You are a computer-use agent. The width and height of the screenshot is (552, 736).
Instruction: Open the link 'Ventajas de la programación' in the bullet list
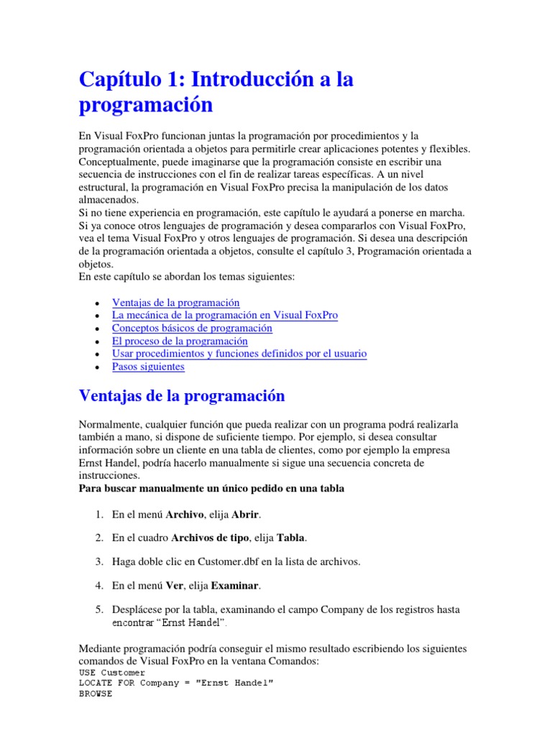[x=176, y=303]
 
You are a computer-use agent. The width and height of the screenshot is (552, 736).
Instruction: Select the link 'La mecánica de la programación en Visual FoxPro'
[x=225, y=316]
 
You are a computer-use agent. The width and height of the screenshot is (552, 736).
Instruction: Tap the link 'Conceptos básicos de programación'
[x=192, y=328]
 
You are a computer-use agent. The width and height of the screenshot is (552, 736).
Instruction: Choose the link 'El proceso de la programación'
[x=180, y=341]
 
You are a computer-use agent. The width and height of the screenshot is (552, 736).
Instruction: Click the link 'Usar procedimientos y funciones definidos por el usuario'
[x=239, y=354]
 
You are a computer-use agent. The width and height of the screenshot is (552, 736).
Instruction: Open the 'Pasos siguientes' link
[x=148, y=367]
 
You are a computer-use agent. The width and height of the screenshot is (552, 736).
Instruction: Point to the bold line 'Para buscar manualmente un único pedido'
[x=211, y=489]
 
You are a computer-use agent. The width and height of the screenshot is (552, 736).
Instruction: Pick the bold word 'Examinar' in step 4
[x=236, y=585]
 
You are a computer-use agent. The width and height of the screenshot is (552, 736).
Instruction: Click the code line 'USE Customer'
[x=109, y=672]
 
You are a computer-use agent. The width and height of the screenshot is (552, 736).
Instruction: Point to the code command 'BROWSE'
[x=95, y=695]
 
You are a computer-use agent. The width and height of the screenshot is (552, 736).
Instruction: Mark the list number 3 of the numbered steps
[x=99, y=561]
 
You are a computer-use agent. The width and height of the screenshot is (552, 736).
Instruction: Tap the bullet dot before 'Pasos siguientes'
[x=96, y=367]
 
